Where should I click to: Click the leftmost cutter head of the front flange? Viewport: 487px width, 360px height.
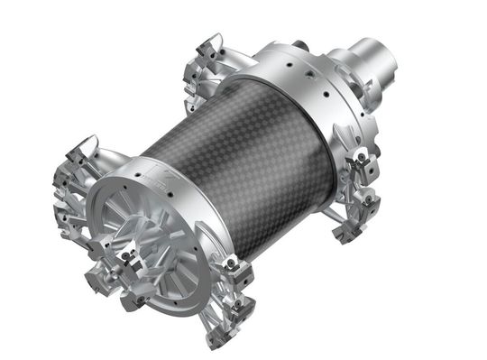tap(68, 203)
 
